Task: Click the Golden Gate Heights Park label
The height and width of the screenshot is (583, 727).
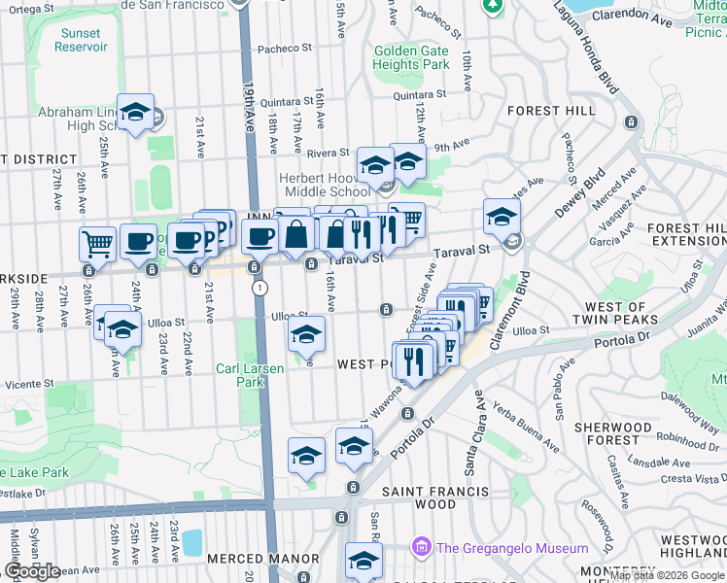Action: click(411, 57)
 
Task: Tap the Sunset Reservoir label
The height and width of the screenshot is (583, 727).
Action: click(80, 40)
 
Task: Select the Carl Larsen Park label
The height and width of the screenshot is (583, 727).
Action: click(240, 375)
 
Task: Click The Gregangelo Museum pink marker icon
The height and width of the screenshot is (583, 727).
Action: click(421, 546)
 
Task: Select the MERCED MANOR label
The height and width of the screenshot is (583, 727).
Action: click(262, 559)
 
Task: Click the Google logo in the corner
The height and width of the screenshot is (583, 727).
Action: click(32, 570)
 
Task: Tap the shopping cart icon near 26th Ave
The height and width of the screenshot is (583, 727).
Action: click(98, 243)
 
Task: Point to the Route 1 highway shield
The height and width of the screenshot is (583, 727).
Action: click(260, 288)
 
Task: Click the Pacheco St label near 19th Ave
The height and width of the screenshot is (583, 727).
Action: click(283, 48)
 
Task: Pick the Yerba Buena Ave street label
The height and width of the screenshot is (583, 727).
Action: click(526, 427)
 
